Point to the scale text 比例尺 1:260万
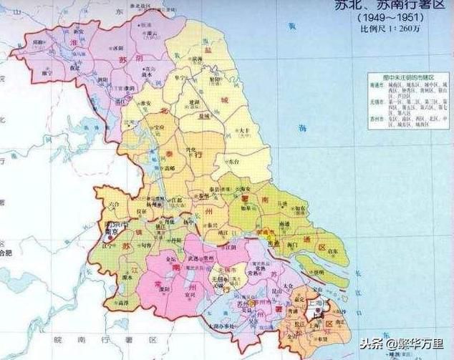pos(392,29)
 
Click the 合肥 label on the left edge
pos(6,253)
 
